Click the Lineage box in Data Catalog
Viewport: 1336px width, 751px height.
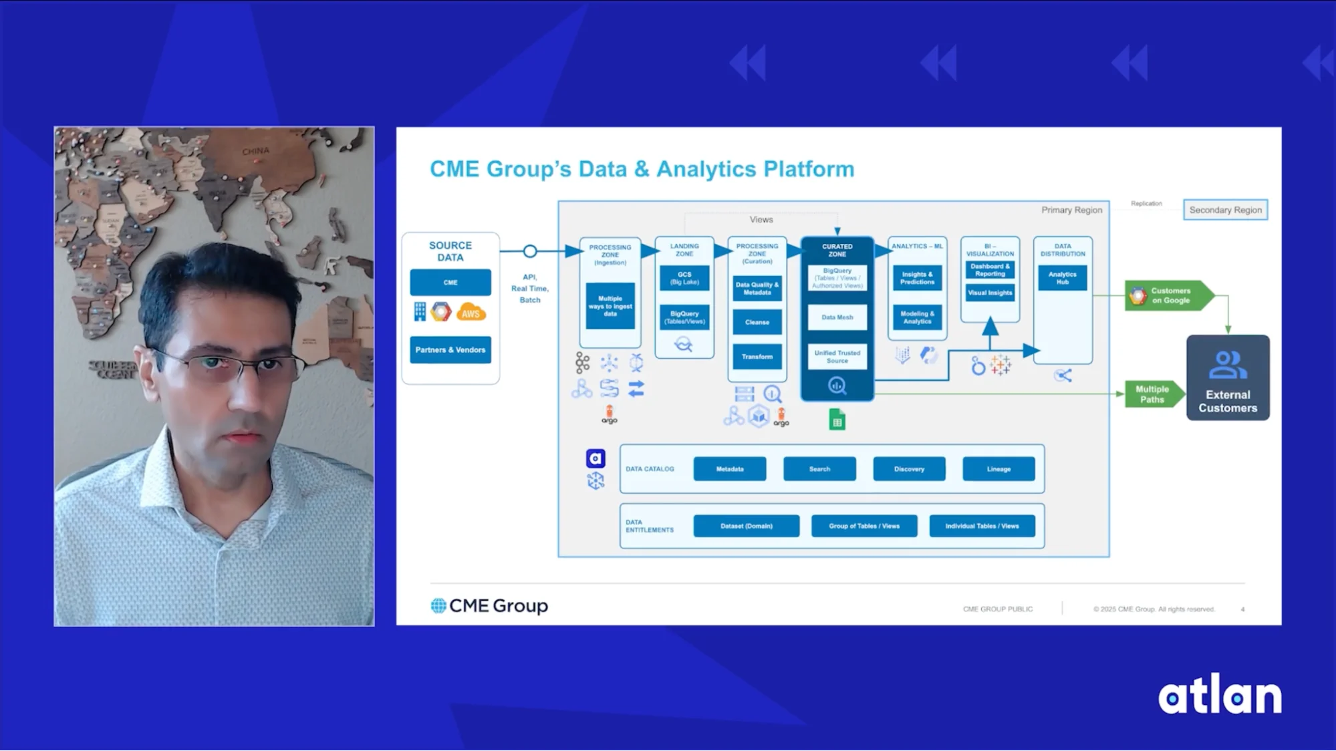click(998, 469)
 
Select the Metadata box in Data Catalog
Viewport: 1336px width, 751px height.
click(730, 469)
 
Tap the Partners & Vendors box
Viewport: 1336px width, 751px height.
click(450, 350)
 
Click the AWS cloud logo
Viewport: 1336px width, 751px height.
click(471, 313)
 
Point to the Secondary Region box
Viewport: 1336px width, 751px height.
click(1225, 210)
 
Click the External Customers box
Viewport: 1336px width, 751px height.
click(1228, 378)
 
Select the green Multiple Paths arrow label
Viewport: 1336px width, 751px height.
click(1153, 394)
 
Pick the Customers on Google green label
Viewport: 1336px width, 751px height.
click(1168, 295)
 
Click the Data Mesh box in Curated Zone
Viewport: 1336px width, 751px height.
click(837, 317)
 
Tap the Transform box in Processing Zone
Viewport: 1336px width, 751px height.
click(757, 357)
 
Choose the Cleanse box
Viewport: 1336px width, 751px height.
click(757, 322)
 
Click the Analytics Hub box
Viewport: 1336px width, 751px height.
click(1062, 278)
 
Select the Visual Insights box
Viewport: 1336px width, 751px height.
click(990, 293)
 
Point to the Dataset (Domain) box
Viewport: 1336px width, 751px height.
click(746, 526)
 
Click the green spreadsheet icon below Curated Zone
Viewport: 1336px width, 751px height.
click(837, 420)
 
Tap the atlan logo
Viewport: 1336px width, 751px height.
click(1220, 696)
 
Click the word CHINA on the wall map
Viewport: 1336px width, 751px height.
click(255, 152)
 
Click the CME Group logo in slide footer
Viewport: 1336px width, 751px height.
click(489, 606)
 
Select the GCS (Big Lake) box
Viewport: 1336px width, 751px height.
click(684, 278)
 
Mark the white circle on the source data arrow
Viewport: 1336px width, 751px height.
click(530, 251)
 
